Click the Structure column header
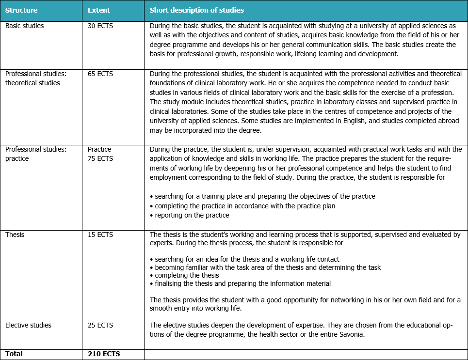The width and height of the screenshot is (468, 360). pos(21,10)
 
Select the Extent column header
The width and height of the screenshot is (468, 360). pos(99,10)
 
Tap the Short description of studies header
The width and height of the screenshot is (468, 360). pos(197,10)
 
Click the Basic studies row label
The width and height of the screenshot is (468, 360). pos(24,26)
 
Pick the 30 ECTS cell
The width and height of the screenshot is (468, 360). pos(100,26)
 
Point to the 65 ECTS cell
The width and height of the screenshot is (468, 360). pos(100,74)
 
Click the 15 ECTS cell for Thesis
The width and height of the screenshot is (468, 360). pos(100,235)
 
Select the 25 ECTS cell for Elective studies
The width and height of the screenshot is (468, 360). pos(100,325)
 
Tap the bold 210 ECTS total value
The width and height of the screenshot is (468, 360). pos(104,354)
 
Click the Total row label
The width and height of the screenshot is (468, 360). pos(14,354)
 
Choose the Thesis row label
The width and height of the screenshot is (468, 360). pos(15,235)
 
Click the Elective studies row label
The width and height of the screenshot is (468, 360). pos(28,325)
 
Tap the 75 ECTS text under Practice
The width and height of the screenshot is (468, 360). pos(100,158)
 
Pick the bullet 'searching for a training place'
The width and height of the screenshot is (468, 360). pos(265,196)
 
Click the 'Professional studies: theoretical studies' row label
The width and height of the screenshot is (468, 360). pos(36,78)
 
